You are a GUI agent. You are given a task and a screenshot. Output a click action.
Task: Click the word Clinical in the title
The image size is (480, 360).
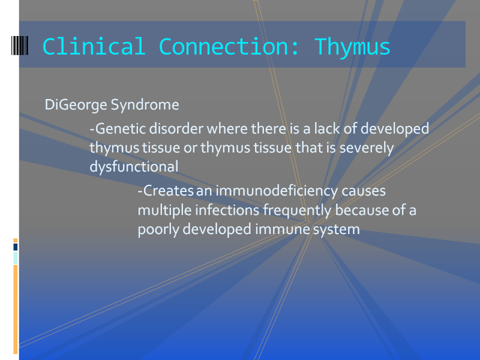pyautogui.click(x=94, y=47)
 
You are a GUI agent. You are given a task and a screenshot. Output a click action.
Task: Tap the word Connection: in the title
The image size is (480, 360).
pyautogui.click(x=229, y=47)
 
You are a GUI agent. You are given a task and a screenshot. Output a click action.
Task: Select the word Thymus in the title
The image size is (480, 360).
pyautogui.click(x=352, y=48)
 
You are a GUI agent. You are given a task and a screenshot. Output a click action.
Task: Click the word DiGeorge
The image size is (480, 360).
pyautogui.click(x=76, y=105)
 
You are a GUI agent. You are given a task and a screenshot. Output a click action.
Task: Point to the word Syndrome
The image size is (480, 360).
pyautogui.click(x=145, y=105)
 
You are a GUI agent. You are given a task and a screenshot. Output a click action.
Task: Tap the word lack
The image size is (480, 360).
pyautogui.click(x=327, y=128)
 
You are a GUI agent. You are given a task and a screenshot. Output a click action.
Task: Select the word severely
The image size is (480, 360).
pyautogui.click(x=367, y=148)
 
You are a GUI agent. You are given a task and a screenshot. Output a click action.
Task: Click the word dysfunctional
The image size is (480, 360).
pyautogui.click(x=134, y=167)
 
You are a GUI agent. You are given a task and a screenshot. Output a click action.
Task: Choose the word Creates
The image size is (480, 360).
pyautogui.click(x=169, y=191)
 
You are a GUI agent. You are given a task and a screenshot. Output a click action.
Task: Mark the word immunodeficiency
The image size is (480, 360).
pyautogui.click(x=277, y=191)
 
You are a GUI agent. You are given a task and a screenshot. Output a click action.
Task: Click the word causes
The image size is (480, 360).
pyautogui.click(x=364, y=191)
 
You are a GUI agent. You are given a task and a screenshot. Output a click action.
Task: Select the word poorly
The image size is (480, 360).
pyautogui.click(x=158, y=230)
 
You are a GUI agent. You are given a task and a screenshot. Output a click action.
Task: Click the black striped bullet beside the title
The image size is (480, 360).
pyautogui.click(x=20, y=46)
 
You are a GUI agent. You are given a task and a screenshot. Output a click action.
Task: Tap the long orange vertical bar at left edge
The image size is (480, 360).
pyautogui.click(x=16, y=309)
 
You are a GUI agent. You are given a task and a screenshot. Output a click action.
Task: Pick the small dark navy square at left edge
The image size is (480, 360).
pyautogui.click(x=16, y=247)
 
